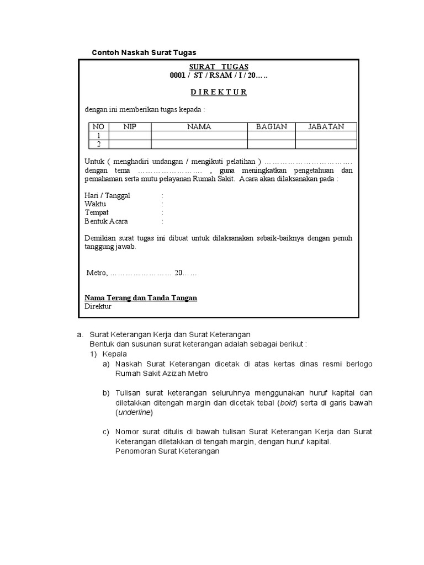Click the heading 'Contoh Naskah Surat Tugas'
[x=144, y=52]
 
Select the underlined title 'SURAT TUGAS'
[x=219, y=67]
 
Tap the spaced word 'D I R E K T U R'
[x=219, y=92]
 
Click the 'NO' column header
[x=99, y=127]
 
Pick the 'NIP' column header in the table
[x=130, y=127]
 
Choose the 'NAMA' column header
[x=199, y=127]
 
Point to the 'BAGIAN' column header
[x=272, y=127]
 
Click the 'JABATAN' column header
[x=326, y=127]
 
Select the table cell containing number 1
[x=99, y=135]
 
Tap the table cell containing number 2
[x=99, y=144]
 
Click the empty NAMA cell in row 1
[x=199, y=135]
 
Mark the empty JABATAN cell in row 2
[x=326, y=144]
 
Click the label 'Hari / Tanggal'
[x=108, y=196]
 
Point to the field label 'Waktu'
[x=96, y=204]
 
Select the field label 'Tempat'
[x=97, y=212]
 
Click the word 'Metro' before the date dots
[x=97, y=273]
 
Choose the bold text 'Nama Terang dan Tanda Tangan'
[x=141, y=298]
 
